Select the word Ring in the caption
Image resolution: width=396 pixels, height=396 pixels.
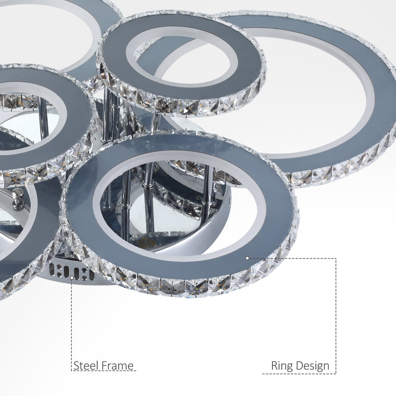(282, 365)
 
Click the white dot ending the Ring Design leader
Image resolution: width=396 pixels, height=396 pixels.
(247, 258)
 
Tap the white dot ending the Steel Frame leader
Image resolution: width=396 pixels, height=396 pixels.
(72, 277)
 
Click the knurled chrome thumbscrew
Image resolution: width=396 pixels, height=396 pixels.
(17, 199)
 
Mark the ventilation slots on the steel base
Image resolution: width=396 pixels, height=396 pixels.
(72, 272)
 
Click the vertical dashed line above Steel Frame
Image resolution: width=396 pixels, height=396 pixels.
(72, 321)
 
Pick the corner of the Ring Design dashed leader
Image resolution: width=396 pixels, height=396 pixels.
(336, 258)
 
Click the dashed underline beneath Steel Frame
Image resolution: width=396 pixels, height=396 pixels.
(104, 371)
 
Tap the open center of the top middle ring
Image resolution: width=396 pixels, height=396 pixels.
(182, 56)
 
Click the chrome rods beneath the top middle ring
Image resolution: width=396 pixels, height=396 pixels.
(108, 116)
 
